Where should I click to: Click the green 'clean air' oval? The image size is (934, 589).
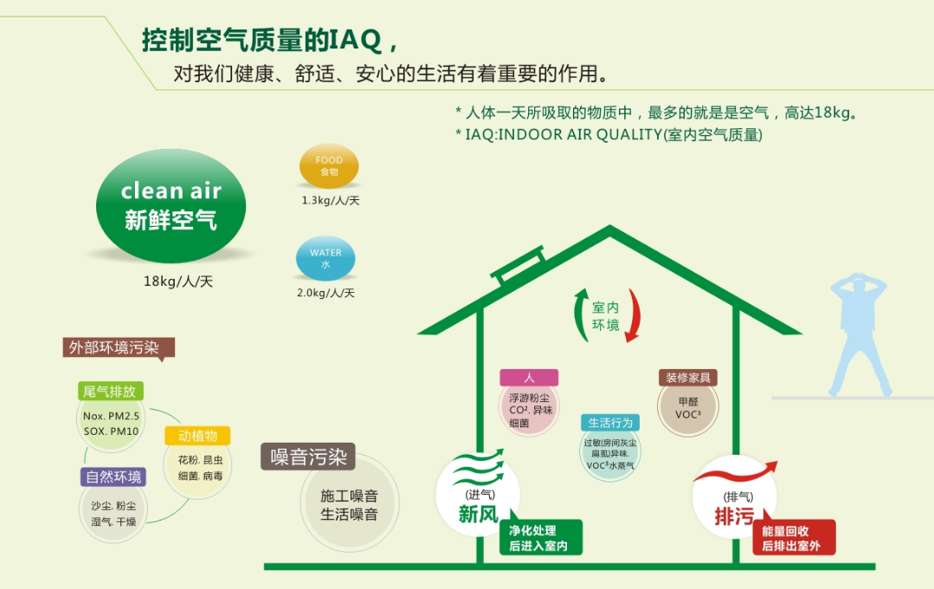[x=171, y=205]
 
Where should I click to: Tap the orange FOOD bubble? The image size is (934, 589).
[x=329, y=165]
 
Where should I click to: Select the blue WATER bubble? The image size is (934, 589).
[x=325, y=259]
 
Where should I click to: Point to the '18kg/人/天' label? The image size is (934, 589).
[x=178, y=282]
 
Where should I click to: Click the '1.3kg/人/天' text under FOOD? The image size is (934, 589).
[x=331, y=200]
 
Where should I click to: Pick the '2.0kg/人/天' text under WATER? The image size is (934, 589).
[x=325, y=293]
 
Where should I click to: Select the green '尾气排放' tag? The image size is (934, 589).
[x=110, y=392]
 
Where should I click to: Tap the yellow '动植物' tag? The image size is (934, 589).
[x=197, y=436]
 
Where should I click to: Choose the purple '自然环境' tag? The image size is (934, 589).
[x=113, y=477]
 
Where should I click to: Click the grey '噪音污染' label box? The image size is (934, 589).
[x=308, y=456]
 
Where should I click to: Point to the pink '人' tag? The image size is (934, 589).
[x=529, y=378]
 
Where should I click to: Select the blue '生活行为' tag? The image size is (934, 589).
[x=610, y=423]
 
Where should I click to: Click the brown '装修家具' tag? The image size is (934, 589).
[x=688, y=378]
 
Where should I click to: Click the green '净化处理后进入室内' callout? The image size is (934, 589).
[x=540, y=536]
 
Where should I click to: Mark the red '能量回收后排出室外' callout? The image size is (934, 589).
[x=794, y=536]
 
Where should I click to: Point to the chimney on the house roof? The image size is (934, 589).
[x=517, y=265]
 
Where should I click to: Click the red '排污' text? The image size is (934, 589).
[x=734, y=515]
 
